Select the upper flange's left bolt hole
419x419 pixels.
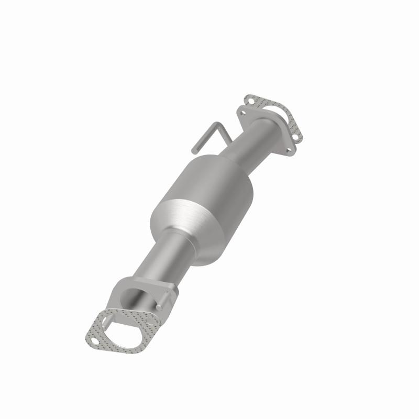tap(241, 112)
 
